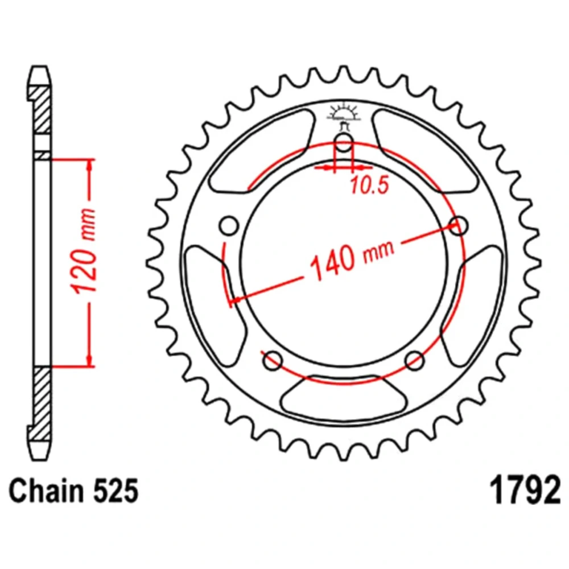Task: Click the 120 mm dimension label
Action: pos(85,251)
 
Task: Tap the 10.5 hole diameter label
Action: pos(369,185)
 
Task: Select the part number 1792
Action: pos(525,490)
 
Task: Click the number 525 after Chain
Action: pos(116,490)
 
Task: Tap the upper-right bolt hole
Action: pos(458,226)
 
